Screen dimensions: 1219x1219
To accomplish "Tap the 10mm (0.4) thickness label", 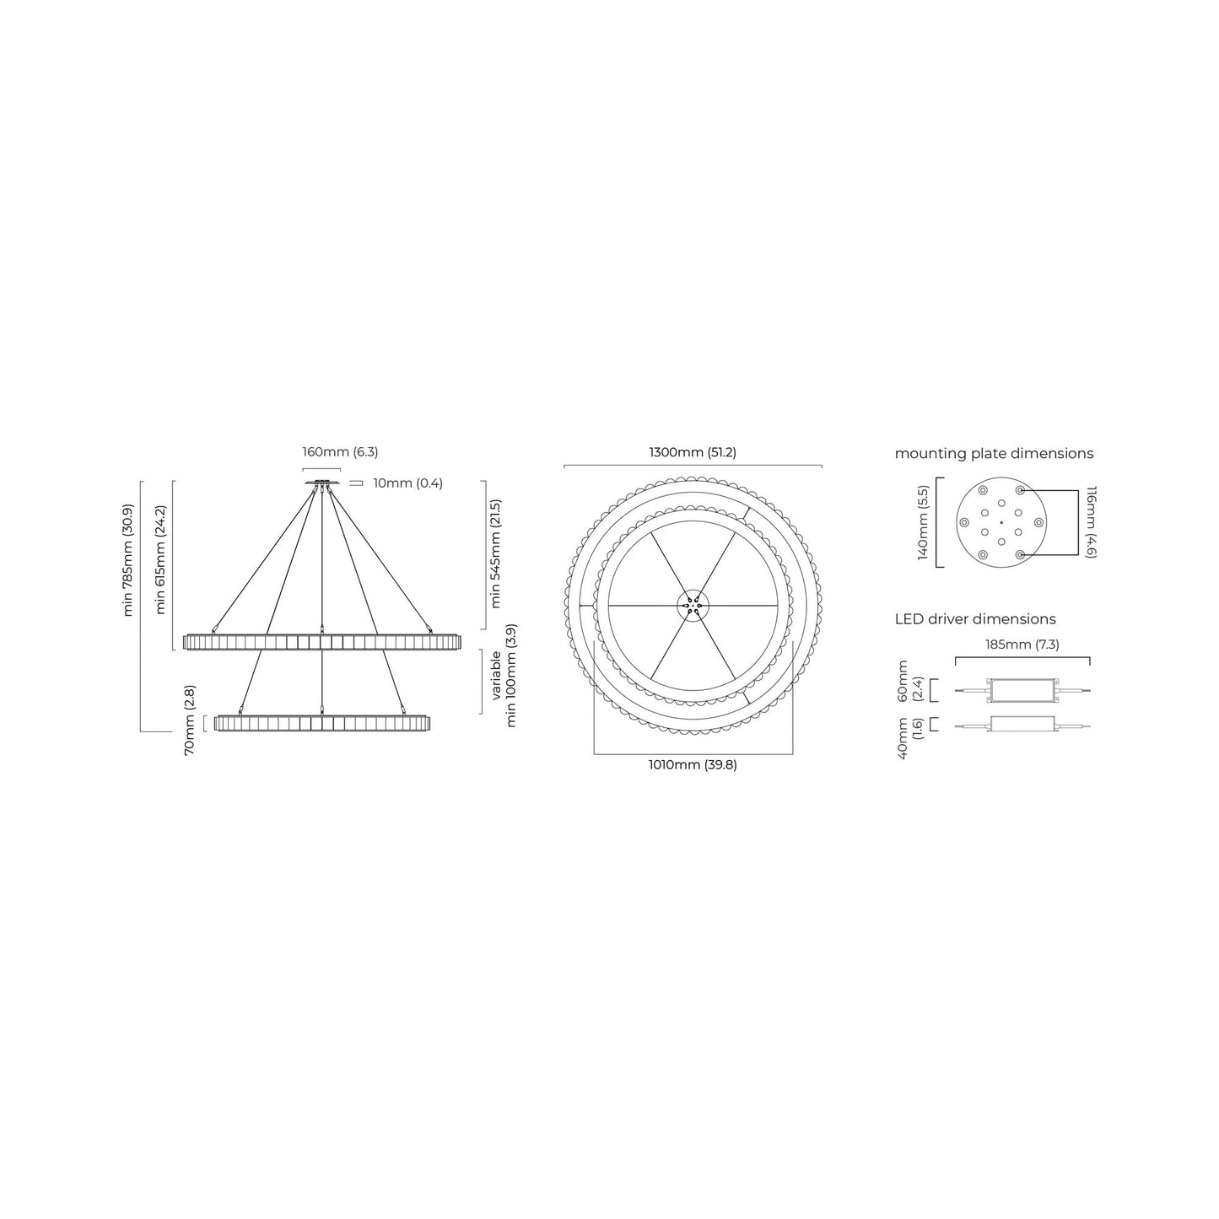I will click(x=407, y=483).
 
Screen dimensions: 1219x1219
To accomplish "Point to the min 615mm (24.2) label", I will click(x=161, y=559).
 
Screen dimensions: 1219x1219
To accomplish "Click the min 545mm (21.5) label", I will click(x=495, y=554).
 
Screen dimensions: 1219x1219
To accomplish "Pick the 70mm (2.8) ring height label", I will click(x=190, y=720).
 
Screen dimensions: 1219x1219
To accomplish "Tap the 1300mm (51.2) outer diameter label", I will click(x=692, y=452).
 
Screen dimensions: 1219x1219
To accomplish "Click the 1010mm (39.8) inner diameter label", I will click(x=693, y=765).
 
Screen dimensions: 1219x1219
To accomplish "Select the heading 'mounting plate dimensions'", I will click(x=994, y=454).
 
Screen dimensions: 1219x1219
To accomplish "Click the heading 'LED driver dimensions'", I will click(x=975, y=619).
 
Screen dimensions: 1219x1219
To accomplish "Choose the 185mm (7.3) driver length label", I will click(x=1022, y=645).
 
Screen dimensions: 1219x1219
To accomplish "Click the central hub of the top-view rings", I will click(x=693, y=604).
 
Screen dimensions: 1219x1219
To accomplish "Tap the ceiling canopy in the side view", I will click(x=321, y=483).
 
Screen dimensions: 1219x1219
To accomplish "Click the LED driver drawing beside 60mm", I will click(x=1022, y=691).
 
